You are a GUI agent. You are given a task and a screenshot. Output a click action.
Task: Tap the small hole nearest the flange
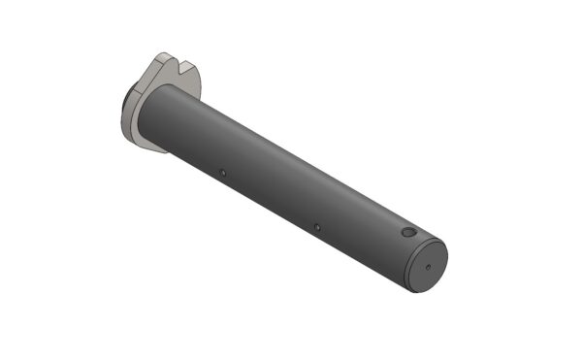(222, 175)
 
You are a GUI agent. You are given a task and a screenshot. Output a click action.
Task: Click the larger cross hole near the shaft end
(408, 234)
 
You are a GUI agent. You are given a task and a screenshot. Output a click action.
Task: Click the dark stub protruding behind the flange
(128, 96)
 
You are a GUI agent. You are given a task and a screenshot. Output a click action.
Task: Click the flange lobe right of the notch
(193, 80)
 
